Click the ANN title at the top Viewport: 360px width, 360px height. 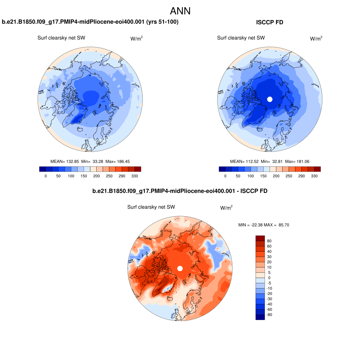tap(180, 11)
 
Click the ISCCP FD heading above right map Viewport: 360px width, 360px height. tap(270, 22)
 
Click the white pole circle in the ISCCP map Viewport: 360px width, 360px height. tap(270, 99)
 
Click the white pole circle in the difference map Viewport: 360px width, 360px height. tap(180, 269)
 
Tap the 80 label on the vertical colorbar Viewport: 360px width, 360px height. tap(269, 241)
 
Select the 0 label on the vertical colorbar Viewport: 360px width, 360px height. tap(269, 278)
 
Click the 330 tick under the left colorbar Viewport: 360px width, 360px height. tap(135, 176)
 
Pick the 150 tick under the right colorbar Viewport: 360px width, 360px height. tap(263, 176)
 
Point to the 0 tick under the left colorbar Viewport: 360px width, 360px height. tap(46, 176)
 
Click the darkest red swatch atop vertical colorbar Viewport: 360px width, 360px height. tap(260, 238)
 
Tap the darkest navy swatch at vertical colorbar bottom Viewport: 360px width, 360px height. tap(260, 317)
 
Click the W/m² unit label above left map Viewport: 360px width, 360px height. tap(136, 39)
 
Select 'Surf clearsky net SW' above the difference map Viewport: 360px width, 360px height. tap(151, 207)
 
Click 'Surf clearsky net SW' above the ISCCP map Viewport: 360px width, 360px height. tap(241, 38)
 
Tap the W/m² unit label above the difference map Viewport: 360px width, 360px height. tap(226, 208)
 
